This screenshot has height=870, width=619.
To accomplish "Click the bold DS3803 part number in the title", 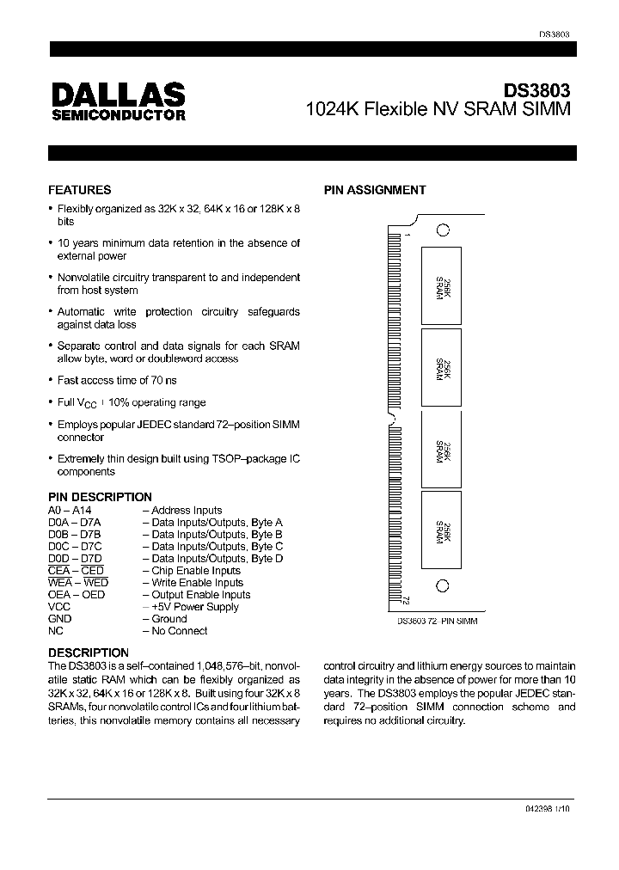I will pos(536,90).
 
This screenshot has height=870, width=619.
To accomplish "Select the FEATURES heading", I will pos(79,190).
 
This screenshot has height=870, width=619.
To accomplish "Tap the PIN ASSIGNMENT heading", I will pos(374,190).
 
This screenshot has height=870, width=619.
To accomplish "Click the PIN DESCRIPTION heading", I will pos(100,497).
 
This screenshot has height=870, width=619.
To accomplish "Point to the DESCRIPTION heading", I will pos(89,652).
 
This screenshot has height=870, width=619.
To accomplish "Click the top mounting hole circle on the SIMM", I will pos(442,230).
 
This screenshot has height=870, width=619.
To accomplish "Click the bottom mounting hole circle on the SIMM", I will pos(442,586).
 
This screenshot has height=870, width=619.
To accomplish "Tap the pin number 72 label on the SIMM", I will pos(406,601).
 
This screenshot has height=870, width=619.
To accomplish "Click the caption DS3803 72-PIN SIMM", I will pos(437,621).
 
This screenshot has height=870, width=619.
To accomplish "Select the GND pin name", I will pos(60,619).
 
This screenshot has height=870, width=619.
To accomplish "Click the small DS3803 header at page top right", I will pos(555,34).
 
